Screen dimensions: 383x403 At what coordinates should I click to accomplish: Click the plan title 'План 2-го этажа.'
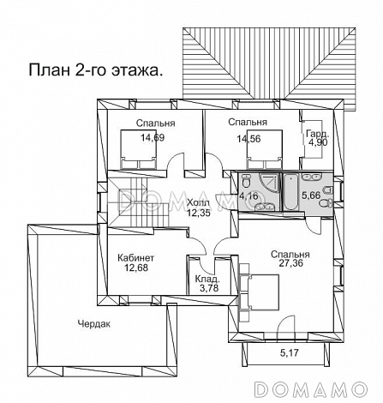[x=96, y=70]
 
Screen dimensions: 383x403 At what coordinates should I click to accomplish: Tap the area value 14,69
[x=153, y=138]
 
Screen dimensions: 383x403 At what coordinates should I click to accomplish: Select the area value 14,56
[x=248, y=139]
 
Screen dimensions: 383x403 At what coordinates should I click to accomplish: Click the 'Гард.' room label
[x=318, y=134]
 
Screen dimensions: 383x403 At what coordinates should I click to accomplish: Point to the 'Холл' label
[x=198, y=203]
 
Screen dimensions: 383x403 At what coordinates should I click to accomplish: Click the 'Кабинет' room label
[x=136, y=258]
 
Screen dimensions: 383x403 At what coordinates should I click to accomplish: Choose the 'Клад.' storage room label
[x=207, y=279]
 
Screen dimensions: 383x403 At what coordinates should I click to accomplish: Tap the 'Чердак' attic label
[x=94, y=324]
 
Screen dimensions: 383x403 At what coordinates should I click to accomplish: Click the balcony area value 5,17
[x=289, y=353]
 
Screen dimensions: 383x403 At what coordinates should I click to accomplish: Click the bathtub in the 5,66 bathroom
[x=290, y=191]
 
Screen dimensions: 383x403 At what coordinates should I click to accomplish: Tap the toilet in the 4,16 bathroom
[x=246, y=181]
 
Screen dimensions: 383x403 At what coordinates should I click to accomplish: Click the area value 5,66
[x=311, y=195]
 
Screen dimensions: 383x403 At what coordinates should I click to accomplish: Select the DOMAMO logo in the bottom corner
[x=310, y=389]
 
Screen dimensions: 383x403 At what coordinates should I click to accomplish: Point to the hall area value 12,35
[x=199, y=213]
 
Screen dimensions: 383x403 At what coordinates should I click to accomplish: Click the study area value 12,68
[x=136, y=268]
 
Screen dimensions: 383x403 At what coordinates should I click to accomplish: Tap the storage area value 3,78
[x=209, y=288]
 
